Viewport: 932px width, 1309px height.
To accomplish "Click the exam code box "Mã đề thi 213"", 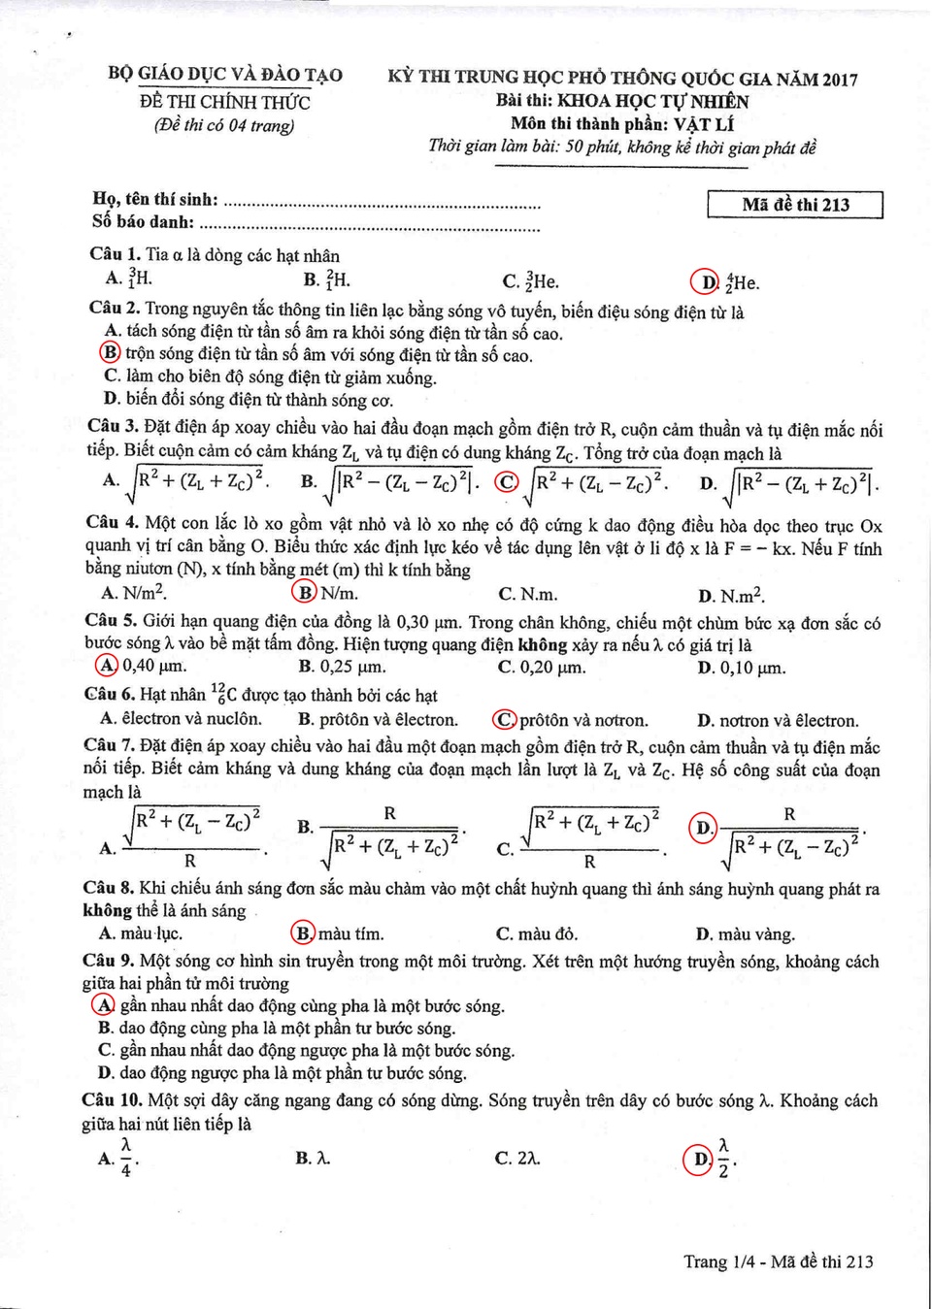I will pos(795,205).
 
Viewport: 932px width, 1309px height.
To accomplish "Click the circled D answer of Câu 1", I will pos(704,281).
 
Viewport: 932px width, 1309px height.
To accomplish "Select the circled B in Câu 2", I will pos(112,353).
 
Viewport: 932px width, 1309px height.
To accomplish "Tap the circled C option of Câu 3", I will pos(507,481).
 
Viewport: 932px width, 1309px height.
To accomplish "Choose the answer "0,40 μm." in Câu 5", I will pos(153,666).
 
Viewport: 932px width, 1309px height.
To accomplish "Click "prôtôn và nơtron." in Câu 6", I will pos(582,720).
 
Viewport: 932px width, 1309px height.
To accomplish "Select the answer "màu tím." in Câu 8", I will pos(350,933).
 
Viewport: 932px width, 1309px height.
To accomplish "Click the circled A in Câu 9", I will pos(103,1005).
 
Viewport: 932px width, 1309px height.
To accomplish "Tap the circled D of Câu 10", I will pos(698,1159).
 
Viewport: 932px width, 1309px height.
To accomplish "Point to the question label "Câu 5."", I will pos(111,620).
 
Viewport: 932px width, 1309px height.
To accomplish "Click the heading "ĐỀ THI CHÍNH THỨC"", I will pos(225,102).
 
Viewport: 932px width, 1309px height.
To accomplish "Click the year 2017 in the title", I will pos(840,80).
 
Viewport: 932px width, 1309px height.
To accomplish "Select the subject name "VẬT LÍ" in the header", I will pos(704,124).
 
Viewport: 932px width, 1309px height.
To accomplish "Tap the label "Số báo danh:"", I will pos(143,222).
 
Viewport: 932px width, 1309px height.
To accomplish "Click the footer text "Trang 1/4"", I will pos(718,1261).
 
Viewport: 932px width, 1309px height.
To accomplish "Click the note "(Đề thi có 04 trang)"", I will pos(224,125).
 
